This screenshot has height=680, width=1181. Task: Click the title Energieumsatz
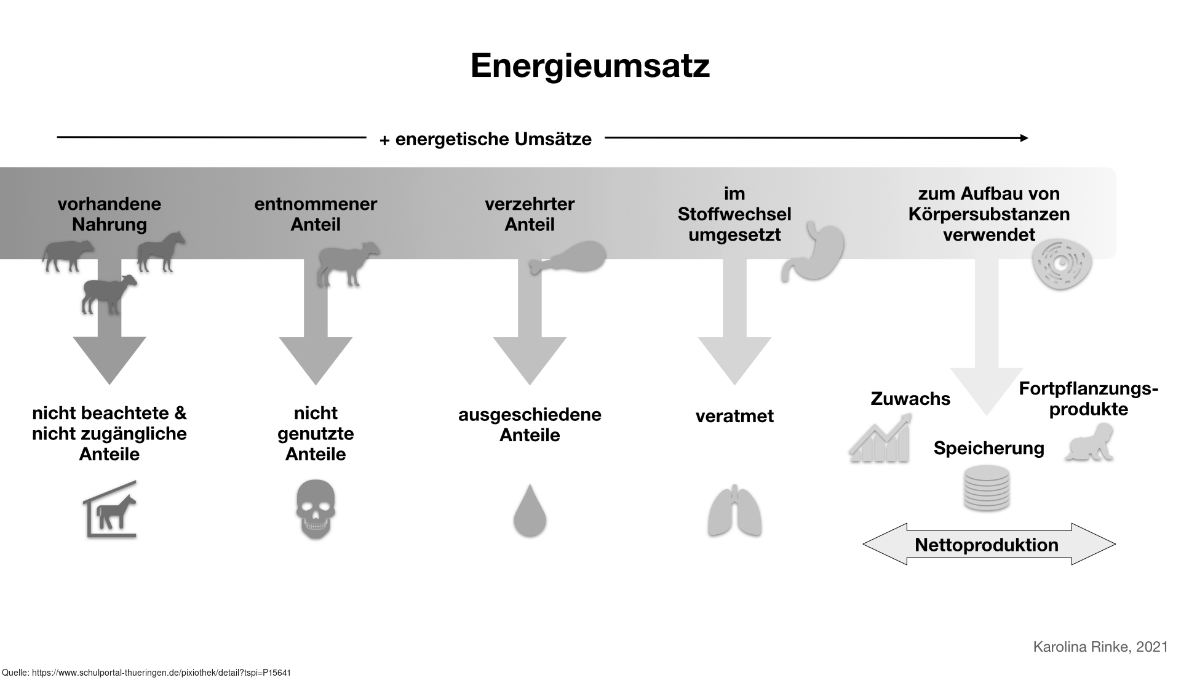590,66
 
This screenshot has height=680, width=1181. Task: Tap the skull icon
316,510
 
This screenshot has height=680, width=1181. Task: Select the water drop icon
530,511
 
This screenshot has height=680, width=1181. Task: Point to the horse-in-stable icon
110,510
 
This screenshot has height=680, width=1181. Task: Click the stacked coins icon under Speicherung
986,487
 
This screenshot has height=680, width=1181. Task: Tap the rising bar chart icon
880,439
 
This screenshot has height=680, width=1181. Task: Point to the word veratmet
734,416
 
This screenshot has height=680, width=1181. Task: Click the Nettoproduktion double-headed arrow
988,545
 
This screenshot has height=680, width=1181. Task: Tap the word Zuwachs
910,399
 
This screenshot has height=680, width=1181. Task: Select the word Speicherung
988,448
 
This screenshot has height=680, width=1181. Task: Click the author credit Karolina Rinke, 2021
1100,647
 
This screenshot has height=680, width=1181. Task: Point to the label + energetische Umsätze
485,139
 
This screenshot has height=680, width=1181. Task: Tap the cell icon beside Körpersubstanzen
1062,265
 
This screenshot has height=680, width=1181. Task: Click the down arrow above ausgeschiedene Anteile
530,332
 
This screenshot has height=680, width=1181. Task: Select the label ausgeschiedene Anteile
530,425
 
